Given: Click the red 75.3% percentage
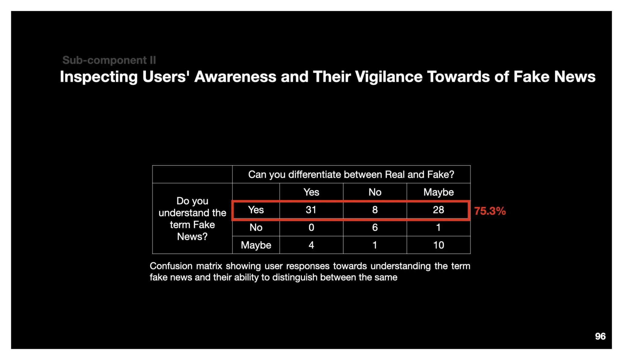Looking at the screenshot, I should pos(490,211).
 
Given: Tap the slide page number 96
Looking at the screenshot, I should pos(600,336).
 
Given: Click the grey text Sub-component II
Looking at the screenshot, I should pos(109,60).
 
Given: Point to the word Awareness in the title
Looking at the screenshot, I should pos(235,77).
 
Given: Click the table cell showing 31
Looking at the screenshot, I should pos(311,210).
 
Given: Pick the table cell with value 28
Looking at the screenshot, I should pos(438,210).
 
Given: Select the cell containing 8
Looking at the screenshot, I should pos(375,210).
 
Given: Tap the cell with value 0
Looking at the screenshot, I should pos(311,227).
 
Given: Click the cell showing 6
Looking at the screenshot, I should pos(375,227).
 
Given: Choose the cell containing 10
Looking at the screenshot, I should pos(438,245).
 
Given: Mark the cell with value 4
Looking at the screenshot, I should pos(311,245).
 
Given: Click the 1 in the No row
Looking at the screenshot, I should pos(438,227).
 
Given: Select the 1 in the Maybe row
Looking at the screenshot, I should pos(375,245).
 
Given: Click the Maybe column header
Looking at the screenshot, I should pos(438,192).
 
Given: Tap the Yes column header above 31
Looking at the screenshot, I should pos(311,192).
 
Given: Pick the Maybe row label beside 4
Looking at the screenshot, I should pos(256,245).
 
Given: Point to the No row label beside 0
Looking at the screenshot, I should pos(256,227).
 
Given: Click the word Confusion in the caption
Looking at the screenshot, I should pos(171,266).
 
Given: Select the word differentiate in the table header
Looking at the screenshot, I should pos(315,175).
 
